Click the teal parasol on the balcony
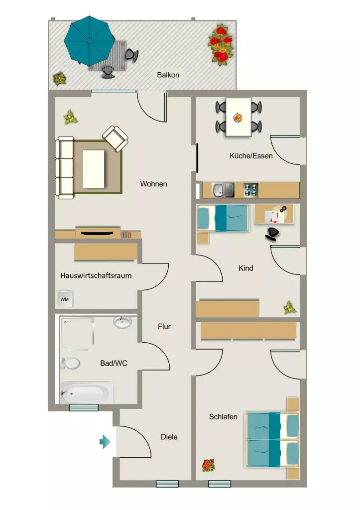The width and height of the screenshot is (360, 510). pos(90,40)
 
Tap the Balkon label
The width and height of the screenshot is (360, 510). pos(168,75)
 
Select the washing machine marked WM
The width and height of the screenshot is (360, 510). pos(64,299)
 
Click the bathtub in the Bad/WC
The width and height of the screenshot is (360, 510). pos(87,392)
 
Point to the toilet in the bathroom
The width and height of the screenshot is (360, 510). pos(70,363)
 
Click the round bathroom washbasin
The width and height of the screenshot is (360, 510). pos(122,322)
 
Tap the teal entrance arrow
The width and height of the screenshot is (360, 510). pos(105,442)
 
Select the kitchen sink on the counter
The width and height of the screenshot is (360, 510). pos(223,190)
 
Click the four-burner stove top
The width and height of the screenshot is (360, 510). pos(251,190)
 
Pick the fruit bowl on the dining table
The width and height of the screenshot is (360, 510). pos(238,117)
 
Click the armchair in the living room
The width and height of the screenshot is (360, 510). pos(115,138)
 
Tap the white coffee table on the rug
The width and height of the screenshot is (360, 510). pos(94,169)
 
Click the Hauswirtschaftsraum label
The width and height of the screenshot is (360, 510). pos(96,275)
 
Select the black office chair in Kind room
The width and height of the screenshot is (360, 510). pos(272,233)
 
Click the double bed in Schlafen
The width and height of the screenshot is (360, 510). pos(272,439)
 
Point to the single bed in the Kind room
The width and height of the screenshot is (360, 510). pos(223,218)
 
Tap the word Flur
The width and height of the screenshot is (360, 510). pos(164,327)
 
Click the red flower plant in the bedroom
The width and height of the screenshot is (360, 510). pos(208,465)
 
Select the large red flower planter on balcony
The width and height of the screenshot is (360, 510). pos(221,44)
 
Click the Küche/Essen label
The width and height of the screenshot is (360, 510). pos(251,156)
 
